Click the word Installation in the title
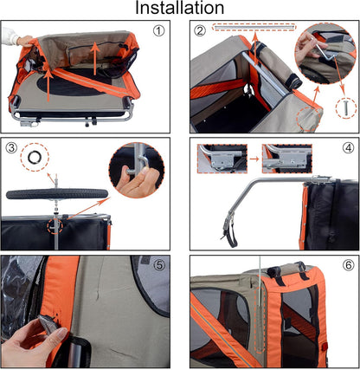pos(180,10)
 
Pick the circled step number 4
pos(347,146)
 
